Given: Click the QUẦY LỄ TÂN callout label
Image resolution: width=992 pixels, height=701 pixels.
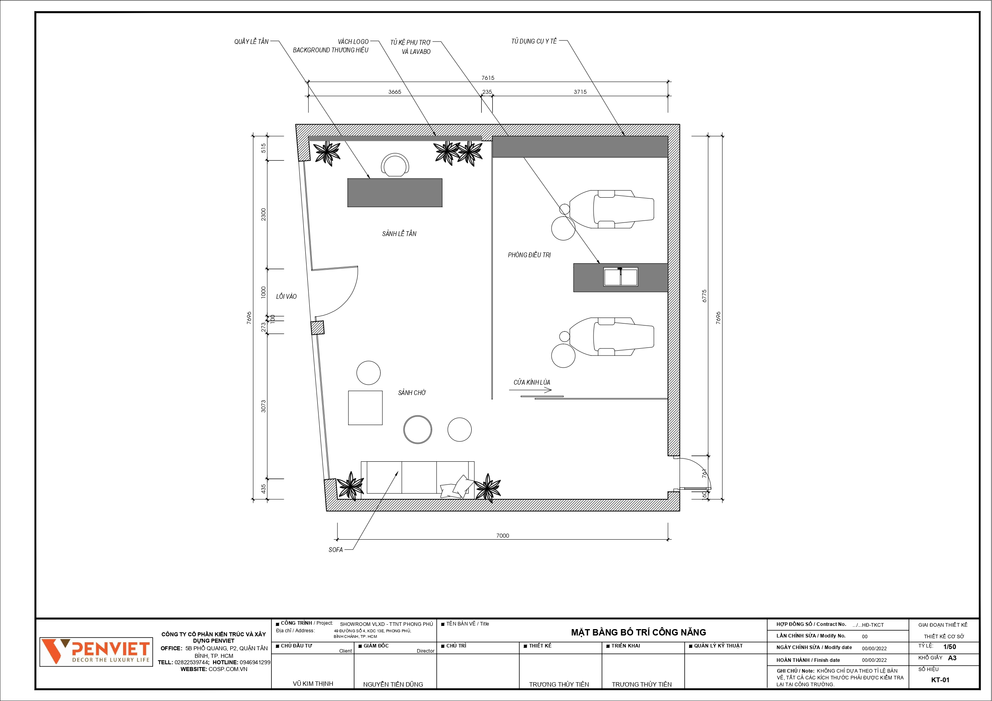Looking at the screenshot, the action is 251,42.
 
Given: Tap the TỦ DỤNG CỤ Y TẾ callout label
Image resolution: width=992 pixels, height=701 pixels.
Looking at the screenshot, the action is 534,42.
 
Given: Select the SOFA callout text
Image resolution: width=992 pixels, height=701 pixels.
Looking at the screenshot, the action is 336,550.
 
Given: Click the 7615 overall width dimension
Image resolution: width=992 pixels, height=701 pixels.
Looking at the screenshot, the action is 488,78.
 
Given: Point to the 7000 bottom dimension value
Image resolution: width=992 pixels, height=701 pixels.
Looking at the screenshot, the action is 502,536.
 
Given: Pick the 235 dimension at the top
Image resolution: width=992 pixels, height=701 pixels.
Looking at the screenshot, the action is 487,92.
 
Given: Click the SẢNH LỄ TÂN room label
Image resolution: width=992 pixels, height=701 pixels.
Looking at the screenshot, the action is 399,234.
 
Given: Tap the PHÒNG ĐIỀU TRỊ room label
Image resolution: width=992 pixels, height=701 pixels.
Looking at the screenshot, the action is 529,255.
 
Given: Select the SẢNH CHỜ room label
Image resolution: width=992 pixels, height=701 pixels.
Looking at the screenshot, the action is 412,393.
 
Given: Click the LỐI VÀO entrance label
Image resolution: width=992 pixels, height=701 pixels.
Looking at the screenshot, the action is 287,296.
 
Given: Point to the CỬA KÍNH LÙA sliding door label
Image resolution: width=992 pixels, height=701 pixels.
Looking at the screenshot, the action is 532,382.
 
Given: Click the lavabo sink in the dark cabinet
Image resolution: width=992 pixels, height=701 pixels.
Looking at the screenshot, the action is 620,277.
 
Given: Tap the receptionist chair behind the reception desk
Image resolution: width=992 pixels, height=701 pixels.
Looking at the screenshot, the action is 395,165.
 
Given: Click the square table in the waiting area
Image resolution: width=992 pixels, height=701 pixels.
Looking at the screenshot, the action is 365,408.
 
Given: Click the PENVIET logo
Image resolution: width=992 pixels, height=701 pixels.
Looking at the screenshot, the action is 96,652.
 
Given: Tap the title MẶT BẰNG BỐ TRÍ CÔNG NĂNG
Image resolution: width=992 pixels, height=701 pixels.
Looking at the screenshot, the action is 639,632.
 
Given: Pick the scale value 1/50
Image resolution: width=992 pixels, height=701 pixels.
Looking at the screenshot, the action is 950,647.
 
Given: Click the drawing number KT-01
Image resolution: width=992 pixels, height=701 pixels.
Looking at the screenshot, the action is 940,680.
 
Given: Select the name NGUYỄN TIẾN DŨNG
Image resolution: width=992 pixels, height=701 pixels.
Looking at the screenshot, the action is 393,684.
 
